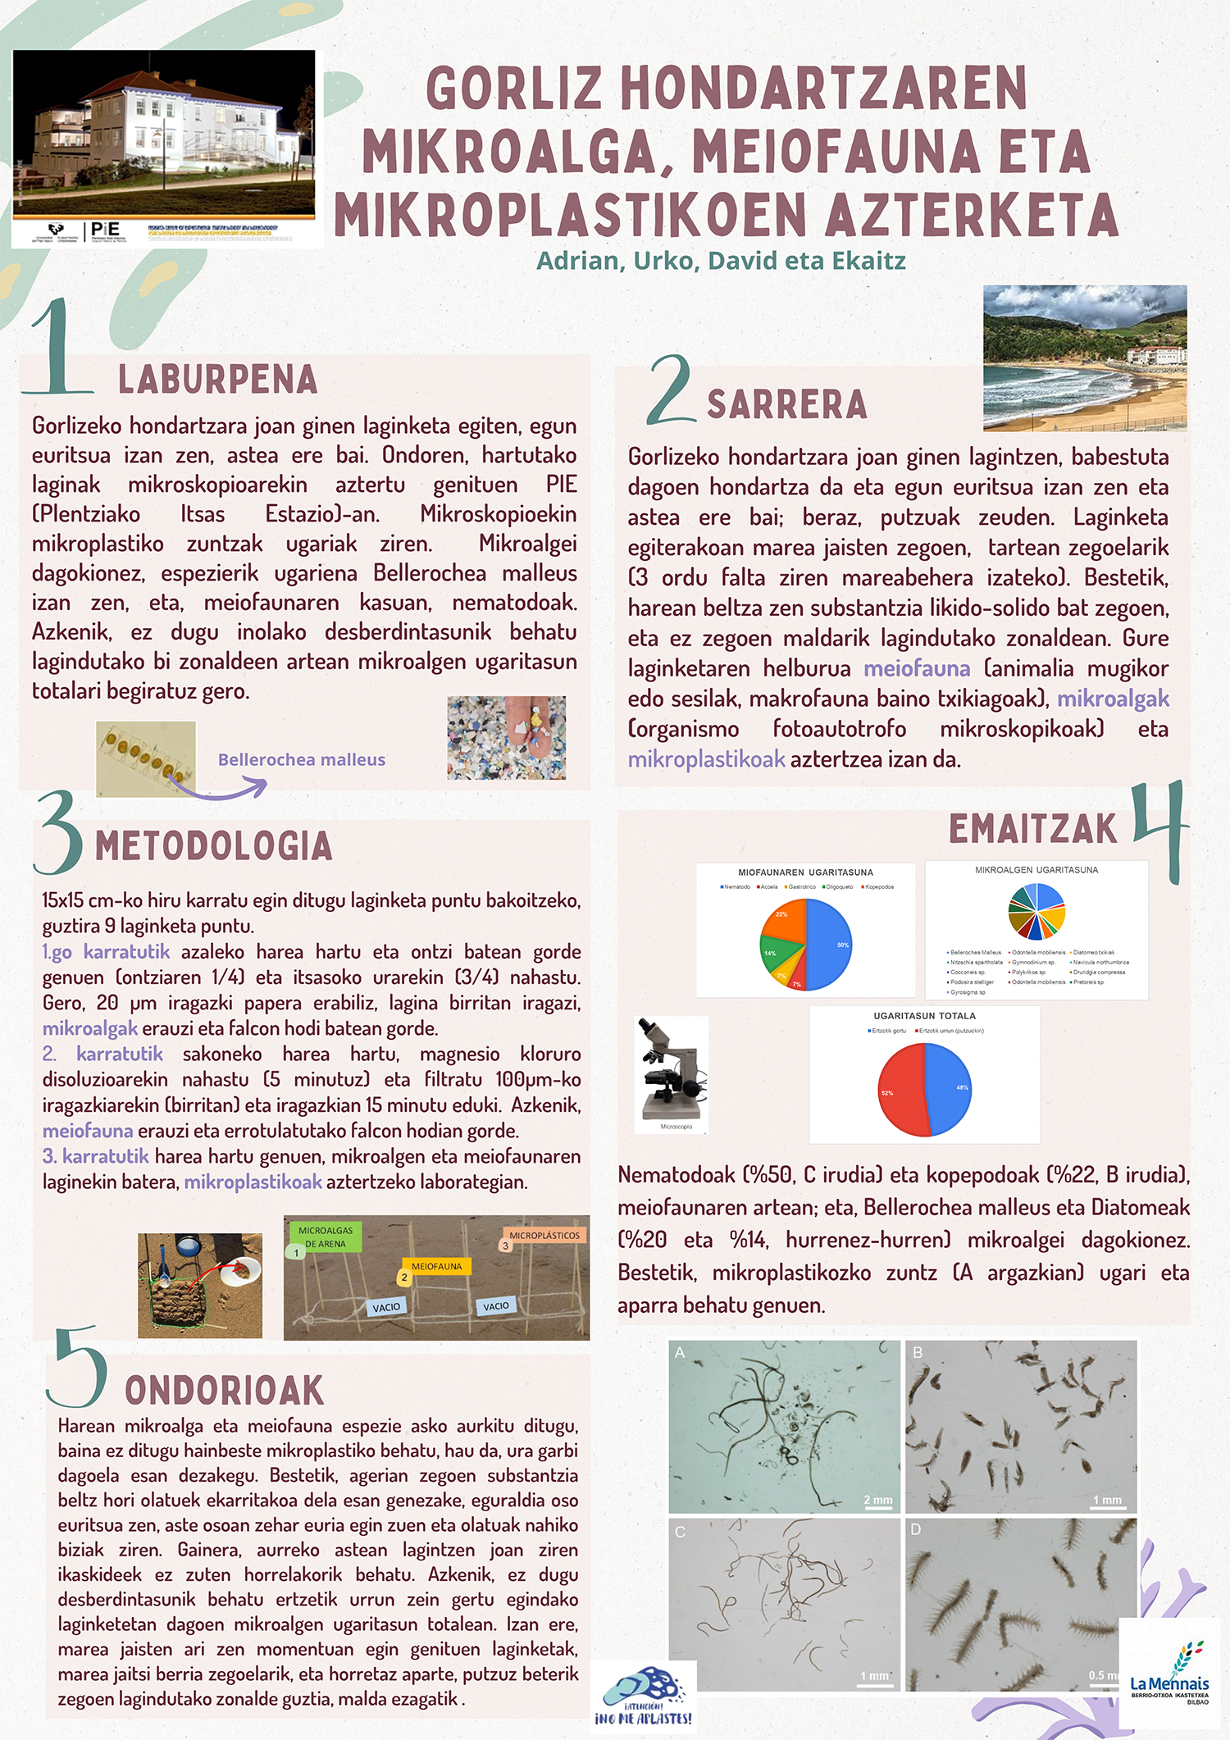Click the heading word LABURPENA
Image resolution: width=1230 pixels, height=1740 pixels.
tap(217, 380)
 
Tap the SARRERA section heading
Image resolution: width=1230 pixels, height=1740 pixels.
tap(786, 404)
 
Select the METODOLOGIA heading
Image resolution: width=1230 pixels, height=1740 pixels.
tap(214, 846)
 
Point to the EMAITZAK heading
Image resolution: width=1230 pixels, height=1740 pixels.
tap(1032, 829)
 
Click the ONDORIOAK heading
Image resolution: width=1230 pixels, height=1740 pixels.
tap(224, 1391)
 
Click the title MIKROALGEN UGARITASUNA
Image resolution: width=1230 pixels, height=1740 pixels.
tap(1036, 870)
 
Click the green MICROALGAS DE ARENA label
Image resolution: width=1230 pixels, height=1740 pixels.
tap(325, 1237)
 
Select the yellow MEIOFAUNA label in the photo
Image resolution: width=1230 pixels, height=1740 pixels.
tap(436, 1267)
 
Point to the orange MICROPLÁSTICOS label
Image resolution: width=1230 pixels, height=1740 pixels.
tap(544, 1236)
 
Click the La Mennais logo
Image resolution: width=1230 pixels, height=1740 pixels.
tap(1168, 1673)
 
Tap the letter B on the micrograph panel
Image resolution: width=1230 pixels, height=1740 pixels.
tap(918, 1353)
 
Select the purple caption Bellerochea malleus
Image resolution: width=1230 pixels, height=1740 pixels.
tap(301, 759)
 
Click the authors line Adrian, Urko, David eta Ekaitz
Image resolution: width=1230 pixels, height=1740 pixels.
tap(721, 261)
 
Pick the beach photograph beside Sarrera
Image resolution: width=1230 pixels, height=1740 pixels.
tap(1084, 358)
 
